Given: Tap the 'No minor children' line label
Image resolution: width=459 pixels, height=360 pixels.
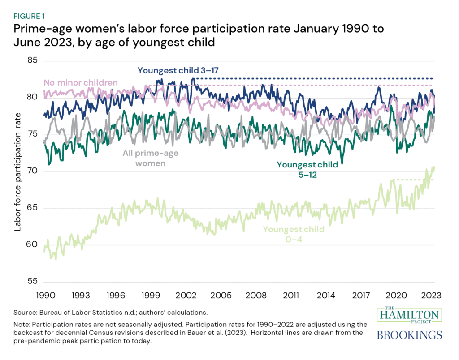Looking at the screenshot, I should click(81, 83).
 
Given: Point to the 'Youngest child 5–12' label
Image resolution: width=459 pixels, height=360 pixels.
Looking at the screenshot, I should click(307, 169).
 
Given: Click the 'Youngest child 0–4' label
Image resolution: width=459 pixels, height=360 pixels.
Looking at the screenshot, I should click(294, 234).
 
